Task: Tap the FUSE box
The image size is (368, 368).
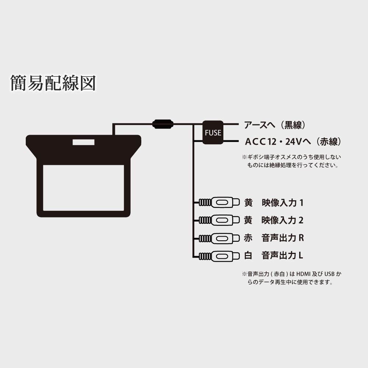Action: coord(213,132)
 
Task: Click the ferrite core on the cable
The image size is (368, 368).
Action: coord(163,124)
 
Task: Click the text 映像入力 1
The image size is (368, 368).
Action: coord(282,202)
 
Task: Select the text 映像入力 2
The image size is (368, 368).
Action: coord(282,220)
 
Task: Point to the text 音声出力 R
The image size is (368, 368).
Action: coord(282,238)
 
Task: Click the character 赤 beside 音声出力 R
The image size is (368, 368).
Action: coord(248,238)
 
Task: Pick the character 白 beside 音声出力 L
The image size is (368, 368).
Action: coord(248,255)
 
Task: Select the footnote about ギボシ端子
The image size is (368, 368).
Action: coord(290,161)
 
